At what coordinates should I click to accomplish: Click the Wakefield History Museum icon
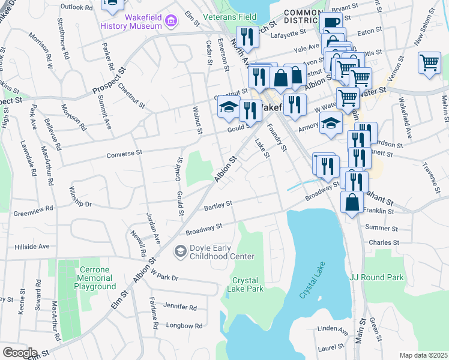[172, 22]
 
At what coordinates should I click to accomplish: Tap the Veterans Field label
[230, 17]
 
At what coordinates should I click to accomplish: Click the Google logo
[19, 352]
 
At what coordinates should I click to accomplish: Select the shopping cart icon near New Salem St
[429, 62]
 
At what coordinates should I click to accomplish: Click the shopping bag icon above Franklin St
[352, 202]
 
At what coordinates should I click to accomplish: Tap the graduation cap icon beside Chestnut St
[228, 107]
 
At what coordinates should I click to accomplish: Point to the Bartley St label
[217, 205]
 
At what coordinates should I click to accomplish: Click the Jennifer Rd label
[179, 307]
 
